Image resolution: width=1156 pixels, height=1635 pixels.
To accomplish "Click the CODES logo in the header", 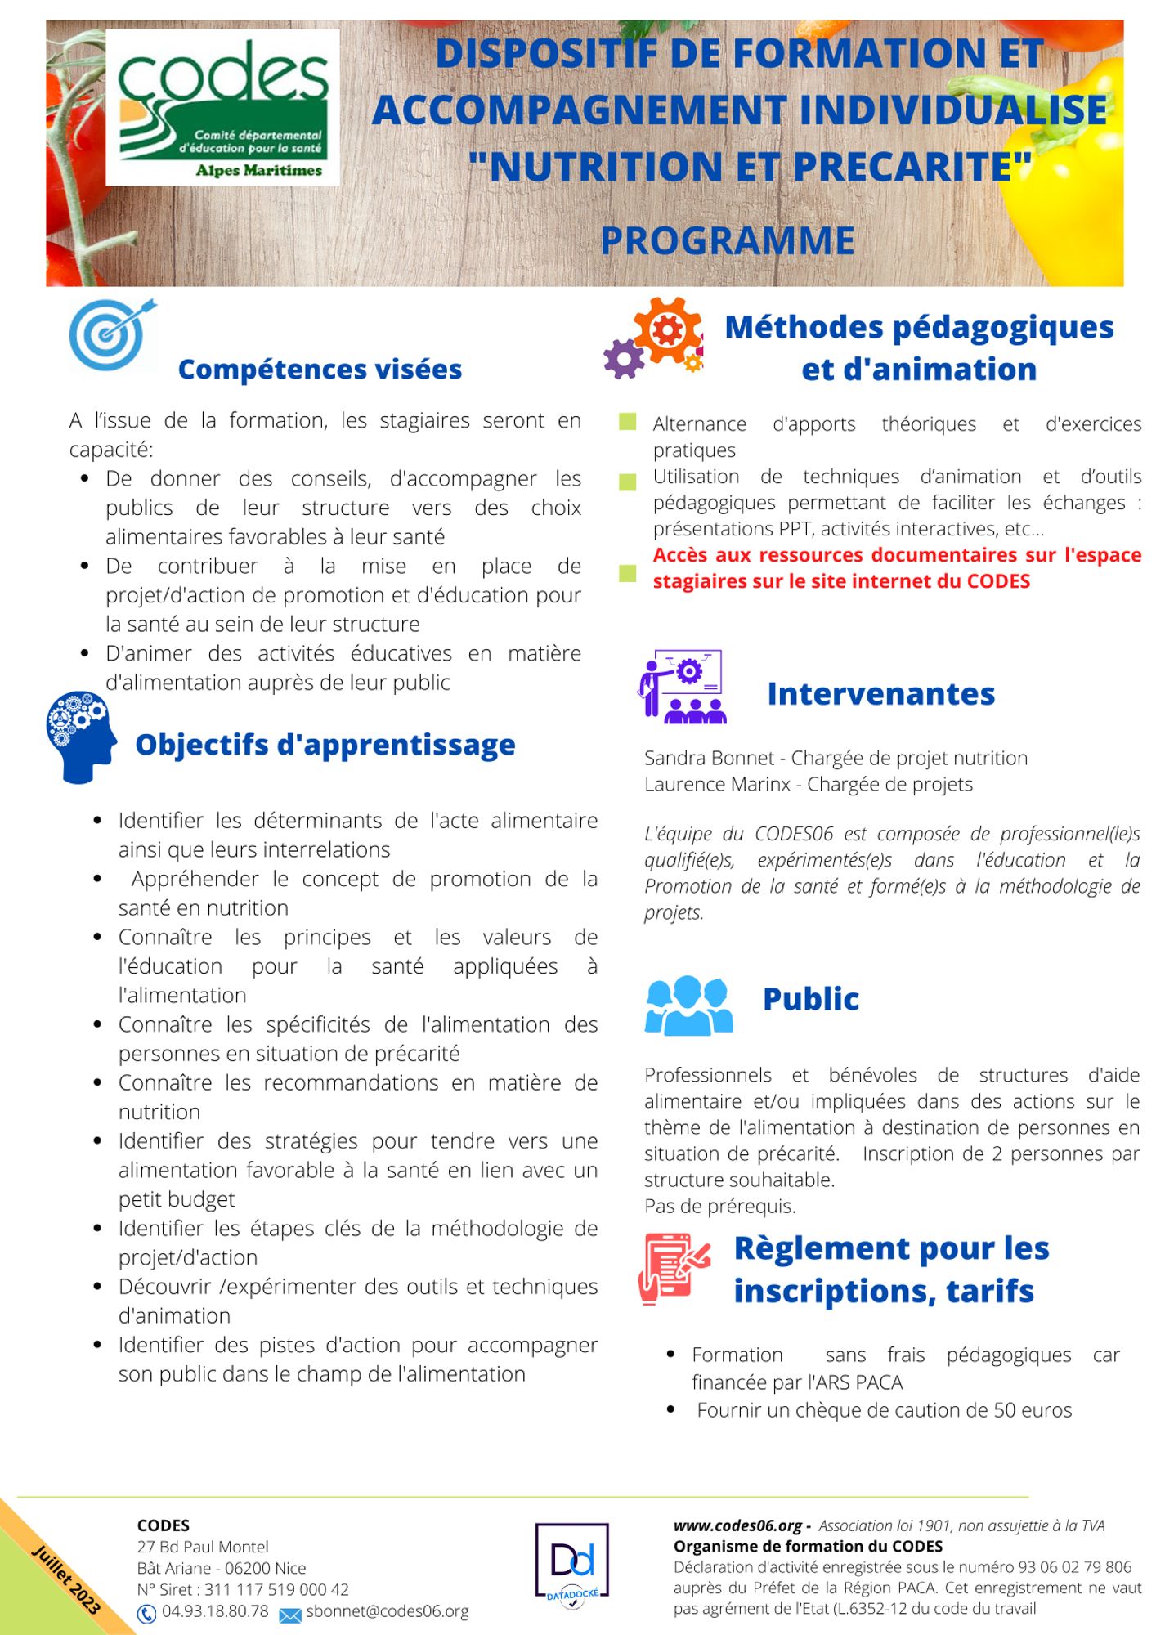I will (222, 107).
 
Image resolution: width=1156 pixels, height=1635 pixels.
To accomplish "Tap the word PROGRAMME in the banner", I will (728, 241).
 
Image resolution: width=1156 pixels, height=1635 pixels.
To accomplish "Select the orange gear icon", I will (667, 329).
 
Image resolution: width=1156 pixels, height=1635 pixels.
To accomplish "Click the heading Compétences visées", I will (320, 370).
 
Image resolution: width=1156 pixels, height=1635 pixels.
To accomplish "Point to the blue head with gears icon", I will (80, 737).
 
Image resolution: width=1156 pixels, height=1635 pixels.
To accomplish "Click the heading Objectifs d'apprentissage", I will (325, 745).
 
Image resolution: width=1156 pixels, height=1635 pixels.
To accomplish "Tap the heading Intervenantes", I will (880, 694).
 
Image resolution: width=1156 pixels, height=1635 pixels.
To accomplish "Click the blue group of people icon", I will (688, 1005).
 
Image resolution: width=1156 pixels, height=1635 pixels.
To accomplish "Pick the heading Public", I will (810, 999).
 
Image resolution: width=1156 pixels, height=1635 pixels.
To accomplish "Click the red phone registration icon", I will (674, 1268).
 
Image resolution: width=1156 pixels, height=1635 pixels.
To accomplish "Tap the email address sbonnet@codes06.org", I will (387, 1611).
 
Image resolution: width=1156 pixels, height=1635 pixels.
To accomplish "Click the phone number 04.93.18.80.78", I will (214, 1611).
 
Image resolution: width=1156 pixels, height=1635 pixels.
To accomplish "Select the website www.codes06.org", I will (737, 1525).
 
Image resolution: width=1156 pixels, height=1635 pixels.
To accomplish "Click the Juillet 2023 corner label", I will (65, 1579).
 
